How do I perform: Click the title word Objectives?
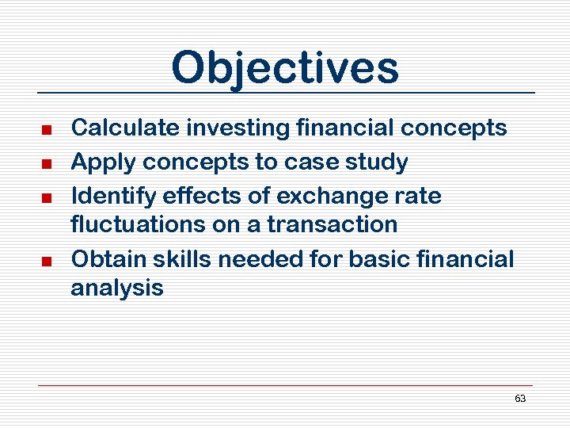point(285,68)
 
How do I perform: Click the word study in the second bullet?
point(378,162)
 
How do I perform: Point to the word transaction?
point(332,224)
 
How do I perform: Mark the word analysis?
point(116,289)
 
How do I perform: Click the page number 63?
point(520,399)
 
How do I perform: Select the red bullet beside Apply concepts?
point(47,163)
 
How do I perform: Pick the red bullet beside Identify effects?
point(47,197)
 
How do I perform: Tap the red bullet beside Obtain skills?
point(47,261)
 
